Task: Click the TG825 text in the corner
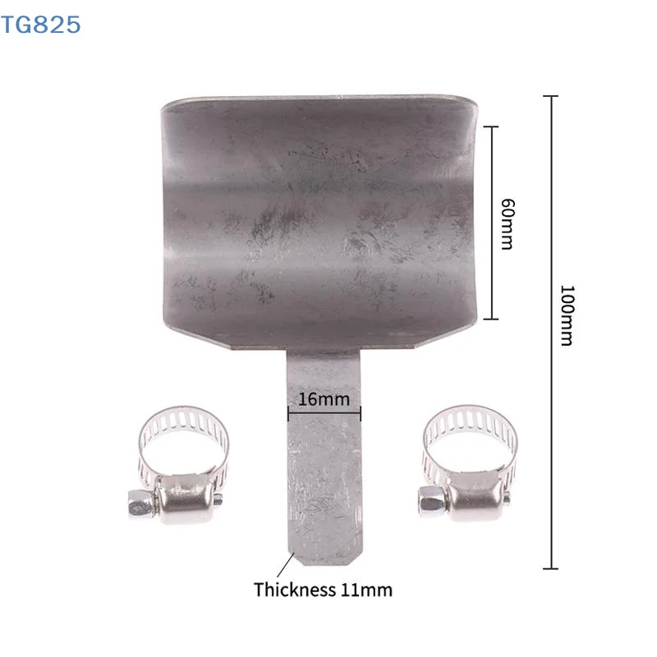pos(40,25)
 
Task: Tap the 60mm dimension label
pos(508,224)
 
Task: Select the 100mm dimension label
pos(567,315)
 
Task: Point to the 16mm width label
pos(324,399)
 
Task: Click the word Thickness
pos(295,590)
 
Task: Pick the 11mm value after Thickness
pos(366,590)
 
